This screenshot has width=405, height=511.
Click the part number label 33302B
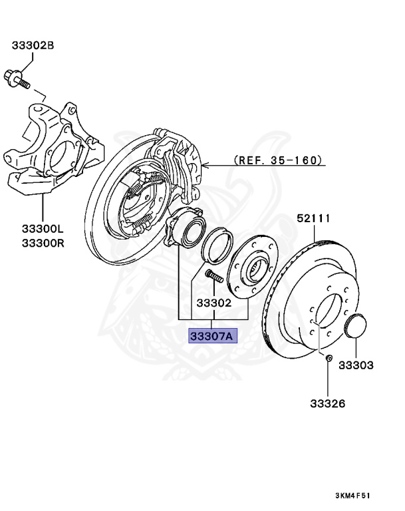pos(32,45)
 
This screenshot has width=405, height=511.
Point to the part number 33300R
pos(43,242)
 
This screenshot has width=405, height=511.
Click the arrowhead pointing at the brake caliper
pos(205,161)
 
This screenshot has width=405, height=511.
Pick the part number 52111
pos(313,218)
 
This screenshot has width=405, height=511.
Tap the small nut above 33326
pos(329,360)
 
